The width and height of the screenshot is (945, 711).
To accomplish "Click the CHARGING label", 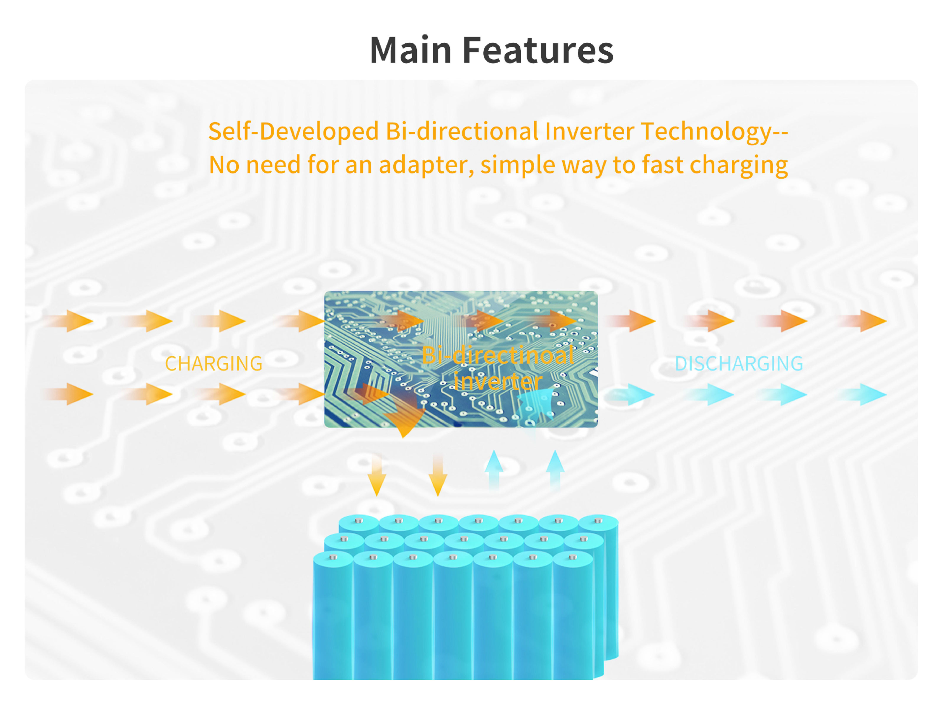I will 214,364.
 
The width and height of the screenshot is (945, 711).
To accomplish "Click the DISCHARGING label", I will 739,364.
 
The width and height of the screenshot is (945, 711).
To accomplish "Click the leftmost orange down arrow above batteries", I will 377,476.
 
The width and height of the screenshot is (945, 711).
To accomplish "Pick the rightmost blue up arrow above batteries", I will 555,468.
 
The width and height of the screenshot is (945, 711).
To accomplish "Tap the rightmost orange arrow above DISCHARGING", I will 869,321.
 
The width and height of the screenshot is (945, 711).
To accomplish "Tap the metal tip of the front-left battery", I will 333,557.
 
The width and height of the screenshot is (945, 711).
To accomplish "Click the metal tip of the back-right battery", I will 598,521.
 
